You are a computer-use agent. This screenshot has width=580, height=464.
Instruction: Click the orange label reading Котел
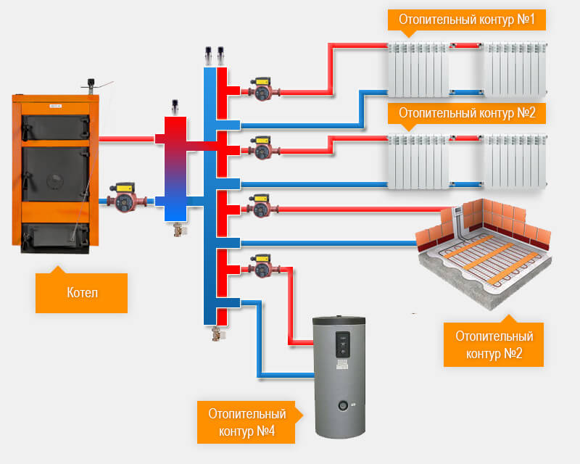pos(81,293)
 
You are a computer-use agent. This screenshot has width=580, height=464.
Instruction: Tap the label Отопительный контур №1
pos(466,20)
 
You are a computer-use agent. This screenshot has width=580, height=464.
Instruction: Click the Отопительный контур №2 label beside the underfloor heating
pos(494,345)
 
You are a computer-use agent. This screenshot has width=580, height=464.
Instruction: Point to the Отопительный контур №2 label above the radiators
pos(466,114)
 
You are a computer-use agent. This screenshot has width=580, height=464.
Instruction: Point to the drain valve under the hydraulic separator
pos(176,230)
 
